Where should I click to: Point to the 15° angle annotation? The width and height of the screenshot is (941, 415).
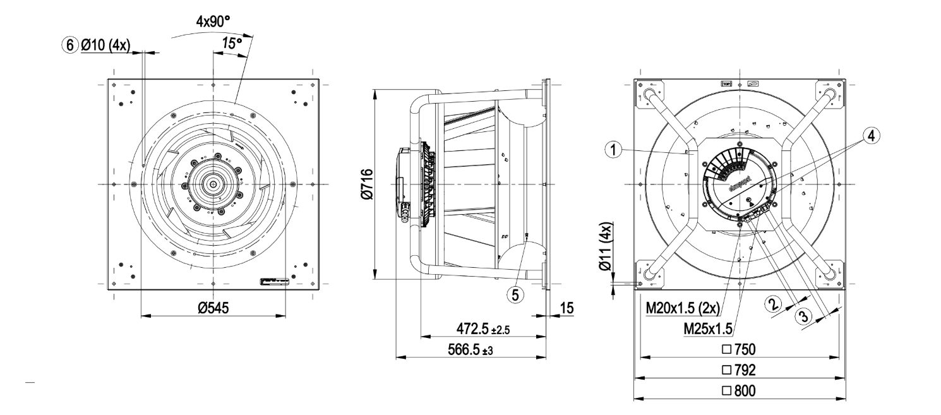point(232,43)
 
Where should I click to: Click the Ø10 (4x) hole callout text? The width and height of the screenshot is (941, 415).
point(105,45)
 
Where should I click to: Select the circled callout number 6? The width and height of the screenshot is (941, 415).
point(69,45)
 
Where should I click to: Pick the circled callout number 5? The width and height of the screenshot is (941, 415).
point(516,294)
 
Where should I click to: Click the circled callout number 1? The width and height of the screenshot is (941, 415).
point(611,150)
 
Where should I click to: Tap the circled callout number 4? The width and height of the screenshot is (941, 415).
point(870,135)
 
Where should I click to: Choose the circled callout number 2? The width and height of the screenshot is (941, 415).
point(772,304)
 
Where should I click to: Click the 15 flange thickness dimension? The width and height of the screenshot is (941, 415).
point(566,308)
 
